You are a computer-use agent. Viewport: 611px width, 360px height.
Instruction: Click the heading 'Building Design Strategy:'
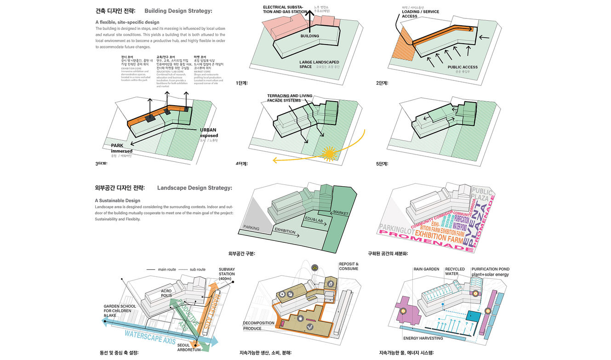pyautogui.click(x=178, y=11)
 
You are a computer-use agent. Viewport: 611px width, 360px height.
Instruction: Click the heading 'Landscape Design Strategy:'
pyautogui.click(x=194, y=188)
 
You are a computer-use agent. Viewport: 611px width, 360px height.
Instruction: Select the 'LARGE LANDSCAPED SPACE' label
pyautogui.click(x=319, y=64)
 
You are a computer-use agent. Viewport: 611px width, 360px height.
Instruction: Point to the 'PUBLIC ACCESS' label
pyautogui.click(x=463, y=67)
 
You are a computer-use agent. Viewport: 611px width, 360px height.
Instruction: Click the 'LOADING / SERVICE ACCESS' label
pyautogui.click(x=420, y=14)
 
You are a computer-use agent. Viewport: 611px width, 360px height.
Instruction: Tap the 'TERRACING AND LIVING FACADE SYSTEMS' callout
pyautogui.click(x=290, y=98)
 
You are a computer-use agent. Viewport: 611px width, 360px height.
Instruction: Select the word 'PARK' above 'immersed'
pyautogui.click(x=117, y=146)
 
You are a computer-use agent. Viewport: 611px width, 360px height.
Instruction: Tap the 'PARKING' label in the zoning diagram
pyautogui.click(x=251, y=228)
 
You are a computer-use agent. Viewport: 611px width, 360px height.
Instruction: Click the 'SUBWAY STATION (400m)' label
pyautogui.click(x=227, y=274)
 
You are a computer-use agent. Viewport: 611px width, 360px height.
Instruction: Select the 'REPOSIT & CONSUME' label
pyautogui.click(x=348, y=266)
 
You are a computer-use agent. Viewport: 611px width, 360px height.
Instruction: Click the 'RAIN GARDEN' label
pyautogui.click(x=426, y=269)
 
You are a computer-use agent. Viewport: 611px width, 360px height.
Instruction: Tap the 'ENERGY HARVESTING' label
pyautogui.click(x=423, y=338)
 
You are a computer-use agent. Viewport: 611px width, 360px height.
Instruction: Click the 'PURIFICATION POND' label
pyautogui.click(x=490, y=269)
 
